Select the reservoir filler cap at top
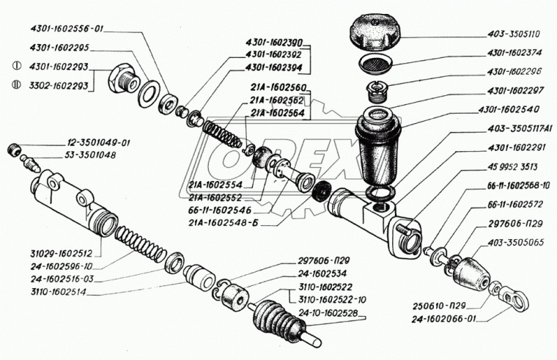[x=379, y=32]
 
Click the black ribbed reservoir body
[x=377, y=150]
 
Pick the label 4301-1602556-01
[x=68, y=30]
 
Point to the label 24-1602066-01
[x=454, y=319]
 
